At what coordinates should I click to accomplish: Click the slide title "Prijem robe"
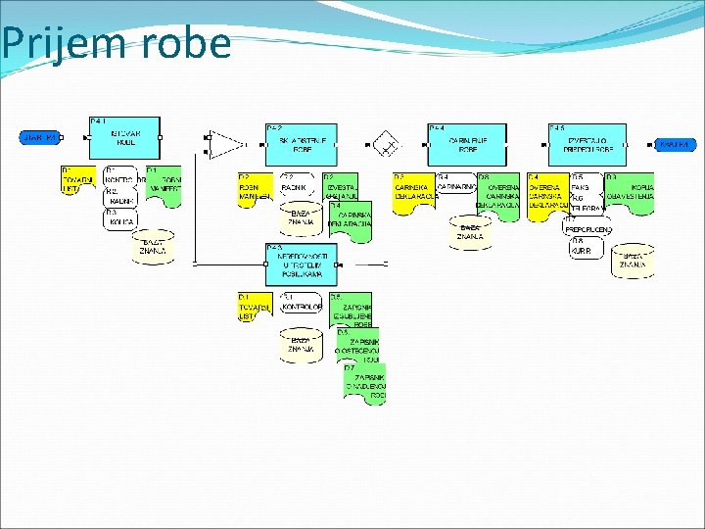click(117, 43)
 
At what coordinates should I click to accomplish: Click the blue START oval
click(39, 138)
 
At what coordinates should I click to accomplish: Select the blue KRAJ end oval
click(675, 145)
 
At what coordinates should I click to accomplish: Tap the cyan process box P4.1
click(123, 138)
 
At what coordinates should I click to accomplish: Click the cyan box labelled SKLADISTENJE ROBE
click(301, 144)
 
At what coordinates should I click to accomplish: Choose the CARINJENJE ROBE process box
click(463, 144)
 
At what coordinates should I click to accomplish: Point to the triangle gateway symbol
click(226, 145)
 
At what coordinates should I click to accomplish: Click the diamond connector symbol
click(390, 147)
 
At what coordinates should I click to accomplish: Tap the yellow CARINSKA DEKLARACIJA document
click(414, 190)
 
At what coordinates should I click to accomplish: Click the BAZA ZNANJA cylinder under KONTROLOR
click(301, 344)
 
